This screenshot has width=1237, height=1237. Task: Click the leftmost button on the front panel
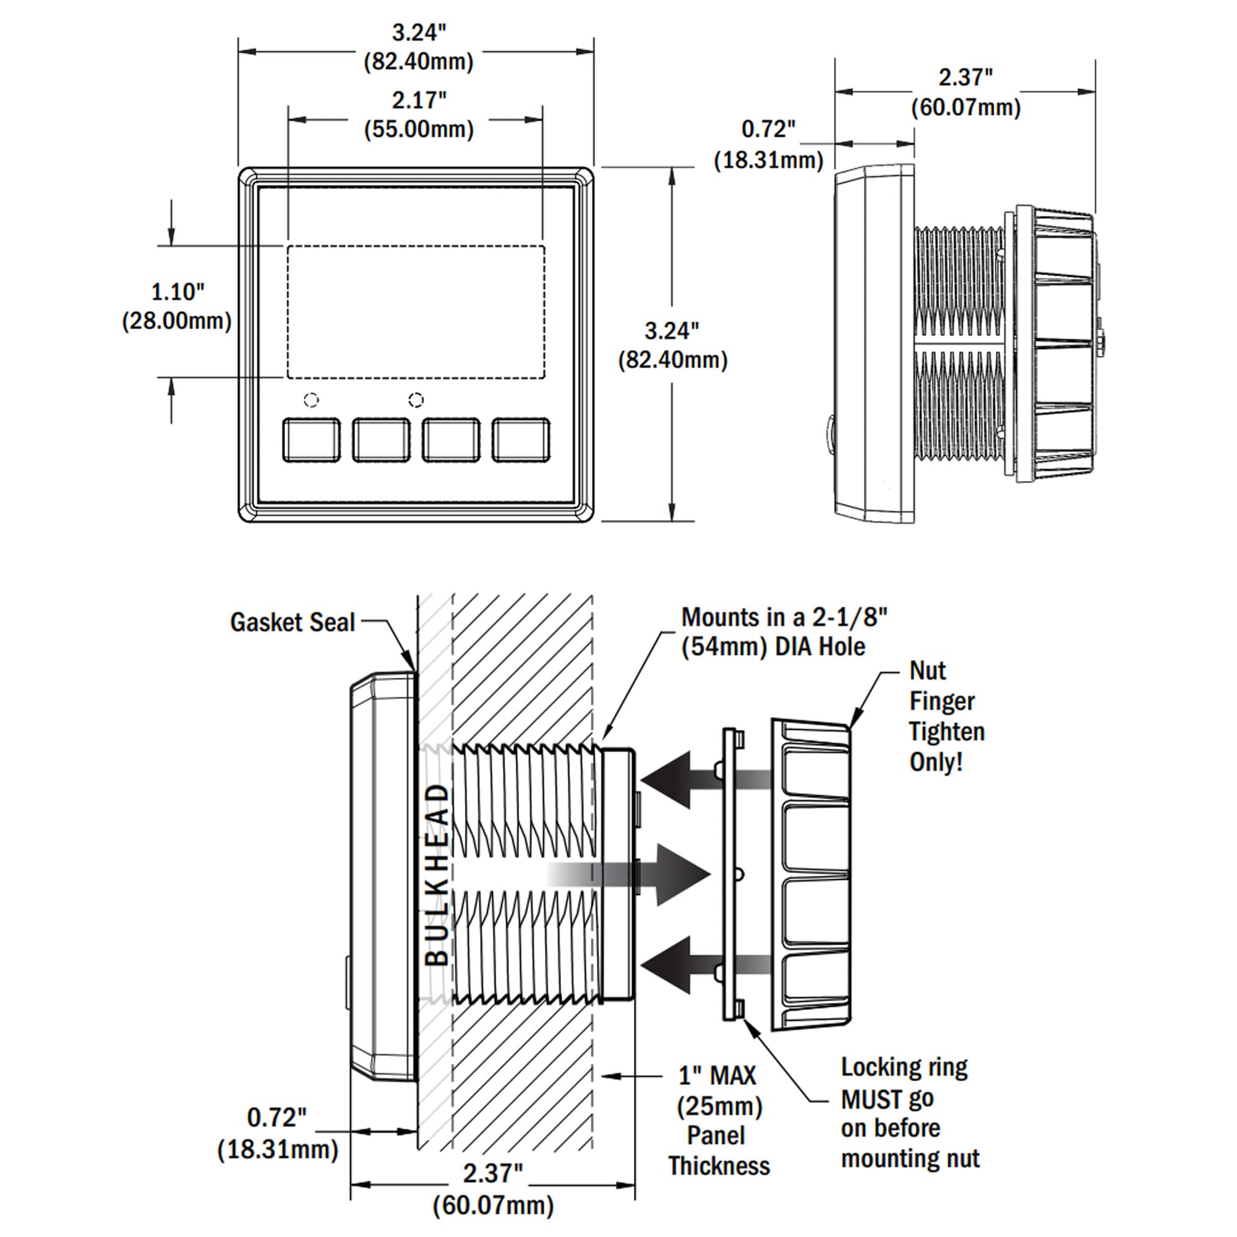(x=311, y=440)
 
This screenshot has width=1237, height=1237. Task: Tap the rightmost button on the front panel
(x=521, y=440)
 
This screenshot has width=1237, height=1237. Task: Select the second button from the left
(x=381, y=440)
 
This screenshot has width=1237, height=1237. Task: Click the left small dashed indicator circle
(x=311, y=400)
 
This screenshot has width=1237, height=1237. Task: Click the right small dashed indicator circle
(x=416, y=400)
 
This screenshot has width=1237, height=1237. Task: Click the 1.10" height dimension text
(x=178, y=292)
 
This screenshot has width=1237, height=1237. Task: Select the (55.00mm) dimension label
(x=419, y=129)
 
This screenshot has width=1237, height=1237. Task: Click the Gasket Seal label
(x=292, y=622)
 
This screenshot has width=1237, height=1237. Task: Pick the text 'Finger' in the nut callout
(x=942, y=701)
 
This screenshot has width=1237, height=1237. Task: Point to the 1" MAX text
(x=717, y=1076)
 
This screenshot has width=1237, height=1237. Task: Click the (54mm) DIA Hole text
(x=773, y=647)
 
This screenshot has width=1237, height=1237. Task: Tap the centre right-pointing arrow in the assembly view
(x=678, y=874)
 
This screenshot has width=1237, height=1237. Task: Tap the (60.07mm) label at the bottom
(x=492, y=1205)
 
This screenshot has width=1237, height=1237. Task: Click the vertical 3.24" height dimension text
(x=672, y=331)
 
